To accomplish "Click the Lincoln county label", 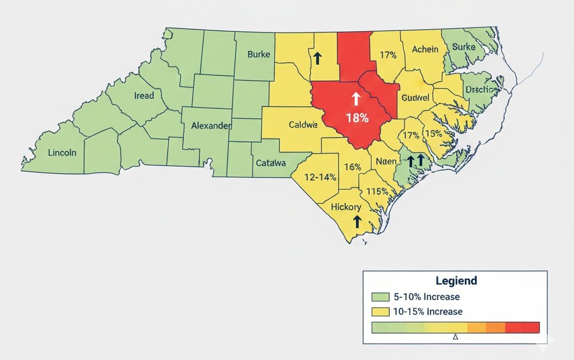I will pyautogui.click(x=62, y=153).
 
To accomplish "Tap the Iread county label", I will pyautogui.click(x=144, y=96).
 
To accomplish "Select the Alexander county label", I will pyautogui.click(x=211, y=126).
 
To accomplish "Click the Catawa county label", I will pyautogui.click(x=271, y=163).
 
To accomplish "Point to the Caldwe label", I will pyautogui.click(x=303, y=124).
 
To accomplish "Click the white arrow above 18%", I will pyautogui.click(x=355, y=99).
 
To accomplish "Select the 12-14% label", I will pyautogui.click(x=320, y=177).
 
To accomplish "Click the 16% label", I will pyautogui.click(x=352, y=167).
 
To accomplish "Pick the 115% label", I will pyautogui.click(x=377, y=191).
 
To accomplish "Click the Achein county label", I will pyautogui.click(x=425, y=49).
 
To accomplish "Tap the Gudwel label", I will pyautogui.click(x=415, y=98).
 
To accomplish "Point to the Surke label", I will pyautogui.click(x=464, y=47).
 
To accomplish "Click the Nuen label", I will pyautogui.click(x=386, y=161).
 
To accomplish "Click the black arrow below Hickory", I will pyautogui.click(x=355, y=221).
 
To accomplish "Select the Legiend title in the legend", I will pyautogui.click(x=456, y=280).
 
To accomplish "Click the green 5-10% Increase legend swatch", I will pyautogui.click(x=379, y=297).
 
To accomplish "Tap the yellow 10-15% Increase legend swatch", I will pyautogui.click(x=379, y=311).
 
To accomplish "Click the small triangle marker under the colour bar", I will pyautogui.click(x=455, y=337).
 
